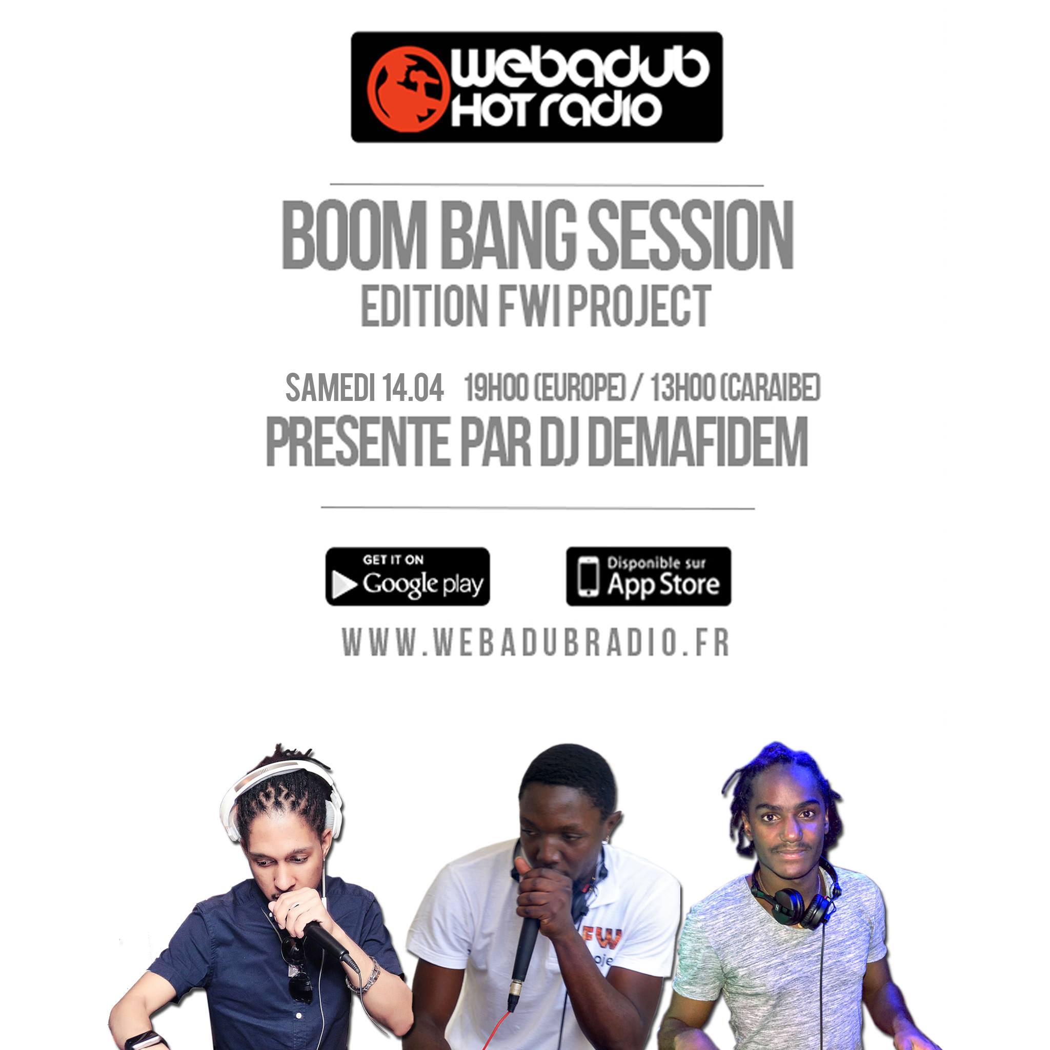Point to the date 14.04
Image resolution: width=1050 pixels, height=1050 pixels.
click(x=413, y=389)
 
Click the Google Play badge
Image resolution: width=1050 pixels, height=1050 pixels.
click(x=408, y=577)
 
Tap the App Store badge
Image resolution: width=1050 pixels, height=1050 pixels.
click(x=649, y=577)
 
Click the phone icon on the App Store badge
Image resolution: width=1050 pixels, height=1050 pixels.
click(x=588, y=577)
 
